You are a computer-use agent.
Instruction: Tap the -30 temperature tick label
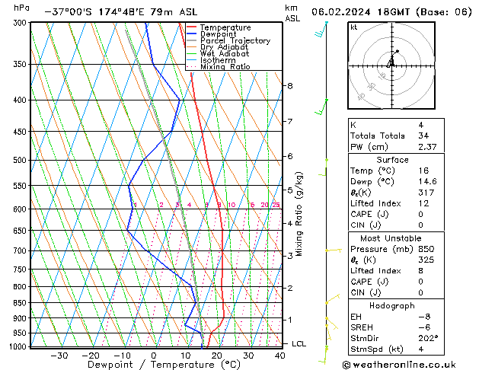[59, 356]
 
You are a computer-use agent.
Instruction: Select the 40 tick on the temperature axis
[280, 356]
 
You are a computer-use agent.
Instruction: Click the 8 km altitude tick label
[289, 86]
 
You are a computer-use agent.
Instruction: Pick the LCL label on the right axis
[299, 344]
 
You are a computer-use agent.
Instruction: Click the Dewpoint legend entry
[219, 34]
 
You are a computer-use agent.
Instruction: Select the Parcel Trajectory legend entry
[235, 41]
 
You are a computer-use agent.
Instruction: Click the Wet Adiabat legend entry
[225, 54]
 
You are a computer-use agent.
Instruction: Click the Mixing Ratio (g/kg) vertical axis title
[300, 214]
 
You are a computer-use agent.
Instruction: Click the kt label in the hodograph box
[354, 27]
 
